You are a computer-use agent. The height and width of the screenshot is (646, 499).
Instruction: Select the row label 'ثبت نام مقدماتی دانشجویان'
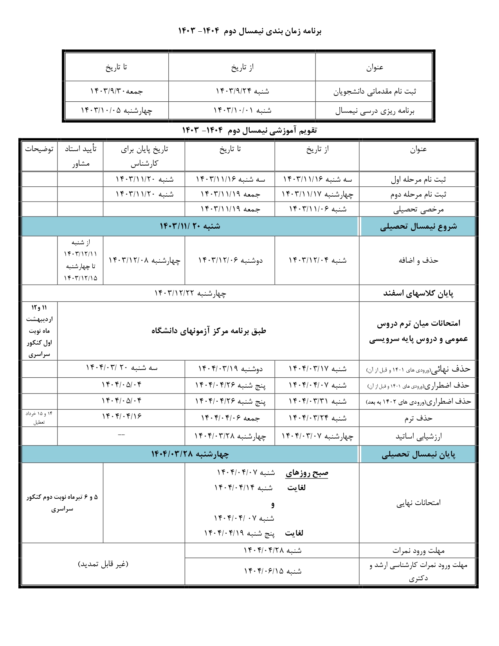coord(375,92)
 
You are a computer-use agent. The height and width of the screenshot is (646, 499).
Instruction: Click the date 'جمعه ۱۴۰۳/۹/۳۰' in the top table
coord(117,91)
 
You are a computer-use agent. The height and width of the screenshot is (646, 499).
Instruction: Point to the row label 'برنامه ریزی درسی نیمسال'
coord(375,111)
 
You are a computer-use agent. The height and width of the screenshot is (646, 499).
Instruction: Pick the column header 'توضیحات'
coord(39,149)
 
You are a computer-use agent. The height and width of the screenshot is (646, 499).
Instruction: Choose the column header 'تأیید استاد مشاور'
coord(81,156)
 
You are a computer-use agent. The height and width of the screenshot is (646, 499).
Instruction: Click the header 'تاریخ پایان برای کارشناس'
coord(144,156)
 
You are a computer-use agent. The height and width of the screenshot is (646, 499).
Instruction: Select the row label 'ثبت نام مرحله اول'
coord(418,180)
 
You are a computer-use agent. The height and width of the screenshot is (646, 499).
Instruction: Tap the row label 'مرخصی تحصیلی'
coord(418,209)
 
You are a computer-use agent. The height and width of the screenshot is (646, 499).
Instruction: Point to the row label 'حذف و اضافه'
coord(418,260)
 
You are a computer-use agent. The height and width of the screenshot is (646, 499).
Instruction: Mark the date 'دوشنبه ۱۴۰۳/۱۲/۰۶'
coord(230,260)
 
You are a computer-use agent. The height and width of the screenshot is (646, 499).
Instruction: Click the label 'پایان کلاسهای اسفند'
coord(418,294)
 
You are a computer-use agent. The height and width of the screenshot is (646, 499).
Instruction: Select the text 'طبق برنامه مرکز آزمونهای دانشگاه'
coord(209,331)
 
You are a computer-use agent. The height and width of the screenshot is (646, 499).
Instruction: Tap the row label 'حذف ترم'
coord(418,418)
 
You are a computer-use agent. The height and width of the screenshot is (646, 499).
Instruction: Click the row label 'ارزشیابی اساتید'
coord(418,436)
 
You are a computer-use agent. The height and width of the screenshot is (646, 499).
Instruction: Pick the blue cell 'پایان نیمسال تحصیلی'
coord(418,454)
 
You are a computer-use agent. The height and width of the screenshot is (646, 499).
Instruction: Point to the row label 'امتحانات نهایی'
coord(418,503)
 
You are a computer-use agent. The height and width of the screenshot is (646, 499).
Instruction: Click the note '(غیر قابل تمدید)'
coord(103,564)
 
